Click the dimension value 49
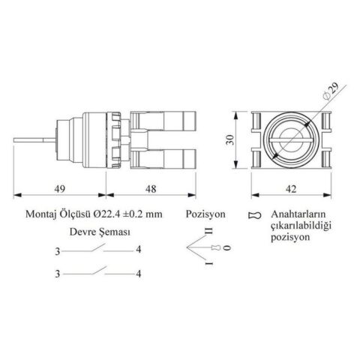60,189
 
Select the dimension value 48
151,189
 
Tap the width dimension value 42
291,189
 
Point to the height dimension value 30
229,139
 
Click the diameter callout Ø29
331,91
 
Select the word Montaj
40,214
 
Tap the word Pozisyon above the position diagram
205,214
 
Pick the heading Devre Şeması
100,232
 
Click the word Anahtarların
298,214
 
